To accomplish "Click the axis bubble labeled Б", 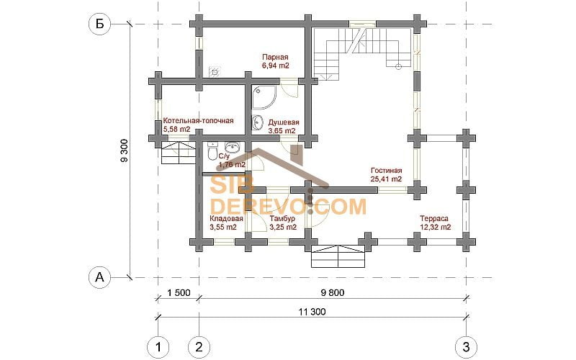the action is click(99, 24).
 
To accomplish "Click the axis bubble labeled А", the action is click(99, 277).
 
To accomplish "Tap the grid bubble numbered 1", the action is click(158, 347).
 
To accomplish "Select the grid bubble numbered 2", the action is click(199, 347).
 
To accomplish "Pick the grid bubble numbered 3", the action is click(466, 347).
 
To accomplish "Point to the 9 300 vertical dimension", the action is click(125, 150).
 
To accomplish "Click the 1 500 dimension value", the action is click(179, 293).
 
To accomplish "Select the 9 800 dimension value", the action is click(333, 293).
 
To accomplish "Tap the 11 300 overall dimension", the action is click(312, 312).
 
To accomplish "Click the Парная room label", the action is click(275, 58).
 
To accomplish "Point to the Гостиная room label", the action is click(387, 171).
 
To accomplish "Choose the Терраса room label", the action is click(434, 218).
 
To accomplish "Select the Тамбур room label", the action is click(282, 219).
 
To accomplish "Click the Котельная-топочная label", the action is click(199, 120).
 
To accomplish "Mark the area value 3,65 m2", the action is click(282, 131).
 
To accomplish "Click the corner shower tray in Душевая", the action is click(264, 97).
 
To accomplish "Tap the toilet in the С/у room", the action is click(212, 152).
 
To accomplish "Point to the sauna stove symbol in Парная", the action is click(215, 72).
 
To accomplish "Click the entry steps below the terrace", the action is click(338, 256).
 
